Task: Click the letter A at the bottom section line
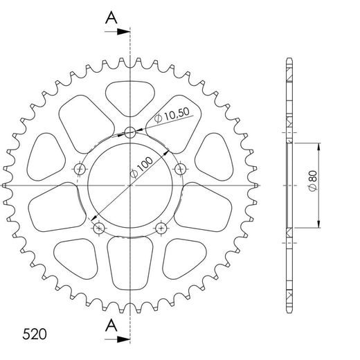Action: tap(110, 325)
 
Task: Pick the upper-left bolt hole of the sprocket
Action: tap(80, 169)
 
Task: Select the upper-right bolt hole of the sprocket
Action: tap(181, 169)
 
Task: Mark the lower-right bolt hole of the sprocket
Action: tap(162, 227)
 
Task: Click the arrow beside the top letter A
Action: tap(123, 31)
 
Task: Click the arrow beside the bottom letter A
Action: tap(123, 339)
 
